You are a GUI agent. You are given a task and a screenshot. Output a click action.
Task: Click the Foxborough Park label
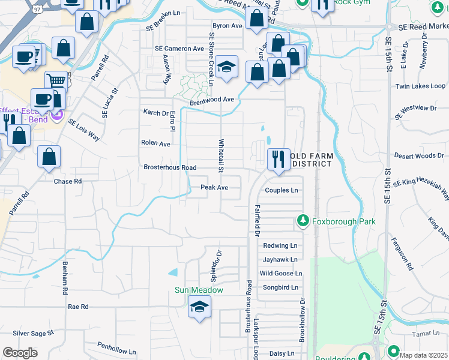point(343,221)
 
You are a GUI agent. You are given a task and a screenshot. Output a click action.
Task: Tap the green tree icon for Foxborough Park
point(303,221)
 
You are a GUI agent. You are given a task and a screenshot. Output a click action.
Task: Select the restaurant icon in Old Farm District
point(278,160)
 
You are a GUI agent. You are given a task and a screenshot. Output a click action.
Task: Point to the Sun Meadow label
point(199,290)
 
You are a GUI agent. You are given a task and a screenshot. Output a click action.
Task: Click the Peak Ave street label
point(214,187)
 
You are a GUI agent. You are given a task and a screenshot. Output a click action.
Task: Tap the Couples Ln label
point(282,190)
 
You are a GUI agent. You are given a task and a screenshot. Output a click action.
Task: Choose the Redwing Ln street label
point(280,246)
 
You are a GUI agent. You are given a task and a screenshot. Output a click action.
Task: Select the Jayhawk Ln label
point(280,260)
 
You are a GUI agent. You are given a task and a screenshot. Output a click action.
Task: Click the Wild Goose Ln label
point(280,274)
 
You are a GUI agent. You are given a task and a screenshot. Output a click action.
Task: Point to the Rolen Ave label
point(155,144)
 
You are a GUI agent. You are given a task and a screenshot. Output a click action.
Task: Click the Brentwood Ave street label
point(211,99)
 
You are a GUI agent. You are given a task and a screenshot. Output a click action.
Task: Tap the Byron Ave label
point(227,26)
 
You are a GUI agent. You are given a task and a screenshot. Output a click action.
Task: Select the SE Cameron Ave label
point(179,49)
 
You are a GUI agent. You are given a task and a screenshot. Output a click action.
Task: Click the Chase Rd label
point(67,181)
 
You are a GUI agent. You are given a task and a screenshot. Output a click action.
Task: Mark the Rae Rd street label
point(78,307)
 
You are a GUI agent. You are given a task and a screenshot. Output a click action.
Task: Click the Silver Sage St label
point(33,332)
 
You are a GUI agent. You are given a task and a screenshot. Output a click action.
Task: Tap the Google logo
point(20,353)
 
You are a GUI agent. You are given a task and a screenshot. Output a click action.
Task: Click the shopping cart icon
point(56,80)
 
